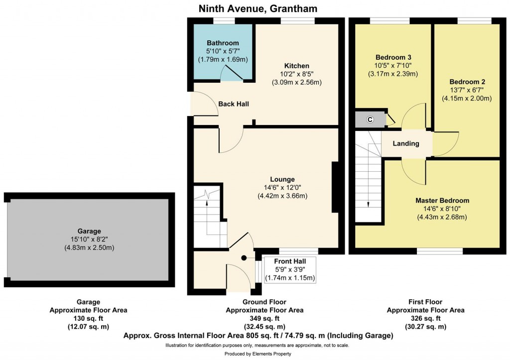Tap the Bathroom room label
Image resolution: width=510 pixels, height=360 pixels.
(x=223, y=43)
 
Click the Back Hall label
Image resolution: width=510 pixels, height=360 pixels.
(x=234, y=104)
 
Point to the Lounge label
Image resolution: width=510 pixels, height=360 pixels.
(x=282, y=179)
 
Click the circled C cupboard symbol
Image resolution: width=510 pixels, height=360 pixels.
(x=370, y=119)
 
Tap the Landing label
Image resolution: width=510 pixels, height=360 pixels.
(x=406, y=143)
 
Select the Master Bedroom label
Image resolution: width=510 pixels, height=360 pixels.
(x=442, y=201)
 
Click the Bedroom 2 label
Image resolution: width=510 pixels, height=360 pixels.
(x=467, y=82)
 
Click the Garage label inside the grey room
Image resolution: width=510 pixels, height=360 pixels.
(x=89, y=231)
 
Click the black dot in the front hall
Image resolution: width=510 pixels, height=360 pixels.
(x=244, y=258)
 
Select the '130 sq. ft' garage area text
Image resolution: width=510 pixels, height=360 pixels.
(x=88, y=319)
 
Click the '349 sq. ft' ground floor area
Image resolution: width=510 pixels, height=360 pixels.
(x=264, y=319)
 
